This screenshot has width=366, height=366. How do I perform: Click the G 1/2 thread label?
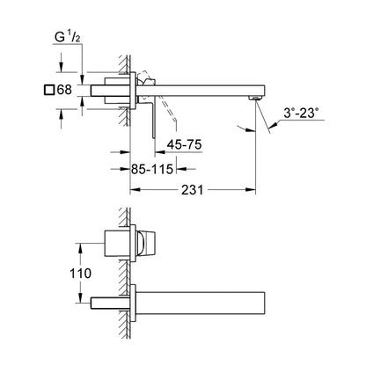(x=68, y=37)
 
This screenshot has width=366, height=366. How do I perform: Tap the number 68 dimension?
(x=64, y=90)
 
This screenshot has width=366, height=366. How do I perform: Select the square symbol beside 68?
(x=49, y=90)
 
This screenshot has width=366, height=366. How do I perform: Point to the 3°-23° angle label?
(x=301, y=113)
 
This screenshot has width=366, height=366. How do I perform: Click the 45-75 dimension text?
(x=184, y=144)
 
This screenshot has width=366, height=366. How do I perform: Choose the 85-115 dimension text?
(x=152, y=169)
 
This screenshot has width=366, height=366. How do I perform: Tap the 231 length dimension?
(x=192, y=190)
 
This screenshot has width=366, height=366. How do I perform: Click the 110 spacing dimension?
(x=80, y=274)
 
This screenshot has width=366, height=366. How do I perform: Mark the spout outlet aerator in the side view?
(x=255, y=98)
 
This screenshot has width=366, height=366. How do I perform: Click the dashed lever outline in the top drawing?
(x=158, y=97)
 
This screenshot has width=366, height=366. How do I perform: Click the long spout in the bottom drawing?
(x=201, y=303)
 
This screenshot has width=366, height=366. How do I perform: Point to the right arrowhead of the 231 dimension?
(x=251, y=190)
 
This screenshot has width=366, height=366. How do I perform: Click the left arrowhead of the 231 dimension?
(x=135, y=190)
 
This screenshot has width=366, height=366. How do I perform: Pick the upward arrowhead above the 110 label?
(x=79, y=248)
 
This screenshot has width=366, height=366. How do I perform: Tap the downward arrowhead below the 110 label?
(x=79, y=298)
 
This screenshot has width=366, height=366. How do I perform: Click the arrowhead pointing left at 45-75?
(x=160, y=152)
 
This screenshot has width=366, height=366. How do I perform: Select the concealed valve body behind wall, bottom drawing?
(x=117, y=243)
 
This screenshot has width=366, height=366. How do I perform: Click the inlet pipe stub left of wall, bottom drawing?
(x=110, y=304)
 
